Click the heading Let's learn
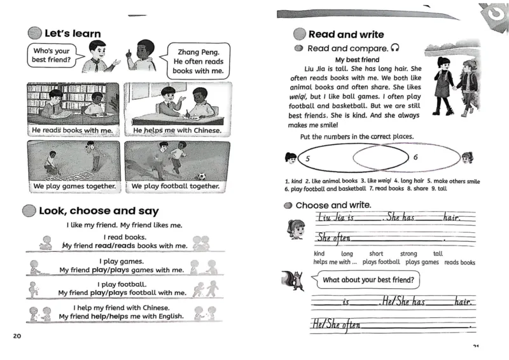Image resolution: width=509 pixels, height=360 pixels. (72, 33)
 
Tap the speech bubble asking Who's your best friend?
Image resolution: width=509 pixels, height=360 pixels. (51, 55)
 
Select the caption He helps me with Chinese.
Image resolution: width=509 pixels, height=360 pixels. (177, 131)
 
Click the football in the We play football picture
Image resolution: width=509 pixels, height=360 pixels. (202, 176)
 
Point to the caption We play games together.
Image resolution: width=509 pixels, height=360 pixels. (74, 187)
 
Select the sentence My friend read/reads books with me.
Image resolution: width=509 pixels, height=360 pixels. (124, 246)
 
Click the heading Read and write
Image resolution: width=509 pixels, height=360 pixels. (345, 34)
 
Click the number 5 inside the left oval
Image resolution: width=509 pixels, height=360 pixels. (307, 158)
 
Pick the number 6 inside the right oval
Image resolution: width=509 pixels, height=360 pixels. (415, 156)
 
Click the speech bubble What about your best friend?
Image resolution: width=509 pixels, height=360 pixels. (368, 279)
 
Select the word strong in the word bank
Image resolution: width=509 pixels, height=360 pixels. (409, 253)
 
